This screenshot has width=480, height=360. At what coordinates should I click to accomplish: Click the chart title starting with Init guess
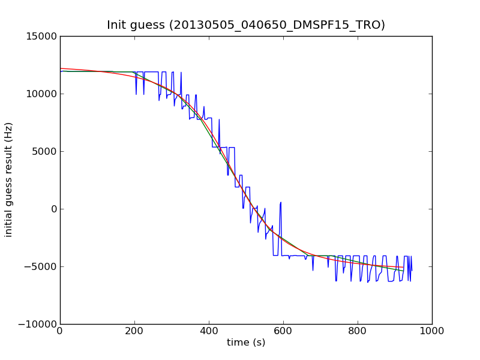pyautogui.click(x=246, y=25)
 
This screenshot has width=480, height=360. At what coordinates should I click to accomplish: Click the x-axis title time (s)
pyautogui.click(x=246, y=343)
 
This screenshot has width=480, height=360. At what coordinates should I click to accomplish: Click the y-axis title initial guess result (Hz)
pyautogui.click(x=9, y=179)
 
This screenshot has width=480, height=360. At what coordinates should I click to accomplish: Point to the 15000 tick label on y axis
pyautogui.click(x=41, y=36)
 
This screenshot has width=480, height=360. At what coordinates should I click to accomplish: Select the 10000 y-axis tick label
pyautogui.click(x=41, y=94)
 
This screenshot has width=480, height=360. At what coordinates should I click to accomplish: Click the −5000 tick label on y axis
pyautogui.click(x=41, y=266)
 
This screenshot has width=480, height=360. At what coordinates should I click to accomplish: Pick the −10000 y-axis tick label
pyautogui.click(x=38, y=324)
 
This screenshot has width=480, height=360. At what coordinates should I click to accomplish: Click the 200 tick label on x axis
pyautogui.click(x=134, y=331)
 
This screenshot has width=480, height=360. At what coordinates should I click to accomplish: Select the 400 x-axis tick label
pyautogui.click(x=209, y=331)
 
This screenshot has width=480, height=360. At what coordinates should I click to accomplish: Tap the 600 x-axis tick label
pyautogui.click(x=283, y=331)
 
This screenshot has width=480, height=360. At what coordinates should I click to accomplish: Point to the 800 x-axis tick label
pyautogui.click(x=358, y=331)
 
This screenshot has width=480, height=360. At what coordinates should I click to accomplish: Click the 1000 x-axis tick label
pyautogui.click(x=432, y=331)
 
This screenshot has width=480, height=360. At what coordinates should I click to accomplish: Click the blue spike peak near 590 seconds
pyautogui.click(x=280, y=202)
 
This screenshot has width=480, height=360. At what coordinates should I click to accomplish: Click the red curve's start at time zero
pyautogui.click(x=61, y=68)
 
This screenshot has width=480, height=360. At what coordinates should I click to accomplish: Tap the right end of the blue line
pyautogui.click(x=412, y=271)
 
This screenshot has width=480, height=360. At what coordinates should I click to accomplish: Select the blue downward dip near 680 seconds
pyautogui.click(x=313, y=270)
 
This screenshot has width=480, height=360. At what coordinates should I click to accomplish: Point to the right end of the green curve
pyautogui.click(x=403, y=271)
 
